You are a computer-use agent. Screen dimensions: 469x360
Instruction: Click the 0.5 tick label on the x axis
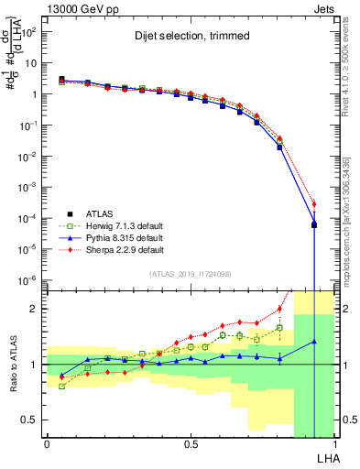click(191, 444)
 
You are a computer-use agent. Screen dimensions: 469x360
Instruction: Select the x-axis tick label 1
click(335, 444)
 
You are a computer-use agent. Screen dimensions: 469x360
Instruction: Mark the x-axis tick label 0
click(47, 444)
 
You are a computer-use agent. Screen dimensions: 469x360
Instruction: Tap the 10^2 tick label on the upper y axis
click(27, 32)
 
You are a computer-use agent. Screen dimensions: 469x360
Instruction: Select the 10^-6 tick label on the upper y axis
click(27, 280)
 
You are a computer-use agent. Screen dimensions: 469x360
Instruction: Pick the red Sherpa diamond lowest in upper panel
click(314, 204)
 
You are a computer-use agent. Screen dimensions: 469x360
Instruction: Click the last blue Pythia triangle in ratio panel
click(314, 342)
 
